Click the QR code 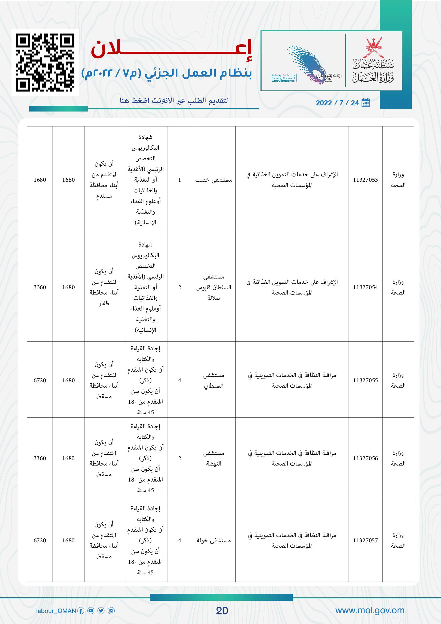point(45,62)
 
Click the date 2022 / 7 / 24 point(337,103)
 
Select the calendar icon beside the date point(366,102)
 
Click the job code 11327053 point(365,180)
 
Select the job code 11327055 point(365,380)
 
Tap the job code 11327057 point(365,540)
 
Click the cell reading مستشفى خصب point(214,180)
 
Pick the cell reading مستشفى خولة point(214,540)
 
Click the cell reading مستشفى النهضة point(214,458)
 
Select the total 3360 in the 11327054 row point(40,287)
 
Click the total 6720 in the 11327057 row point(40,540)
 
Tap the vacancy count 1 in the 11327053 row point(179,180)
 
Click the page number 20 point(222,611)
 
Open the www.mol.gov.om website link point(370,610)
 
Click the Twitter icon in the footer point(101,611)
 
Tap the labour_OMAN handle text point(56,611)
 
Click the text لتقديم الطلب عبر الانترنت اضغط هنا point(174,101)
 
